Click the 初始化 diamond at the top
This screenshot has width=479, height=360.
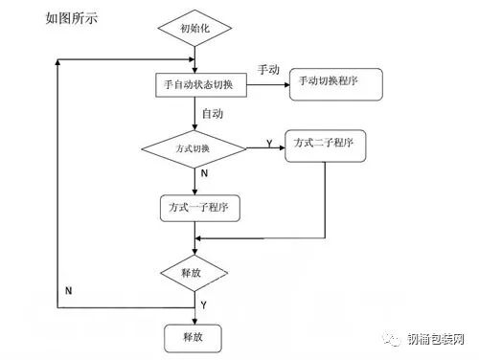[x=195, y=29]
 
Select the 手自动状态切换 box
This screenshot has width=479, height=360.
[x=200, y=84]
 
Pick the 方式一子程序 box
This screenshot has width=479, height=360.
[x=198, y=208]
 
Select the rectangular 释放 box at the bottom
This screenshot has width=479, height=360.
[x=194, y=336]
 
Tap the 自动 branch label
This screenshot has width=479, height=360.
[x=212, y=114]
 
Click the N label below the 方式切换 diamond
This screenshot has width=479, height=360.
[x=204, y=173]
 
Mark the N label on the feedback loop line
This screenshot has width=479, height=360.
[x=68, y=289]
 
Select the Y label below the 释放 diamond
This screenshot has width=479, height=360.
[x=204, y=304]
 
